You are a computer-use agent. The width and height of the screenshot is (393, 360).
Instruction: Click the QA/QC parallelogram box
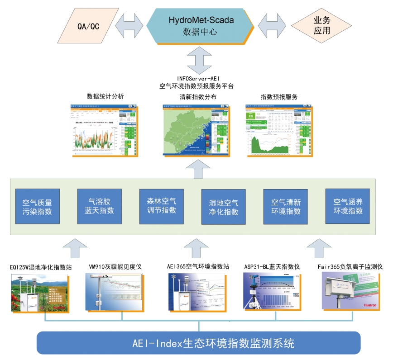pyautogui.click(x=86, y=26)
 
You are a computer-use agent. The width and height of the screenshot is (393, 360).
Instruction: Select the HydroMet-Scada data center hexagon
pyautogui.click(x=200, y=26)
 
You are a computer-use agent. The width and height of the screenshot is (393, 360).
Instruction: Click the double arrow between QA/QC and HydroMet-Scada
pyautogui.click(x=129, y=26)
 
